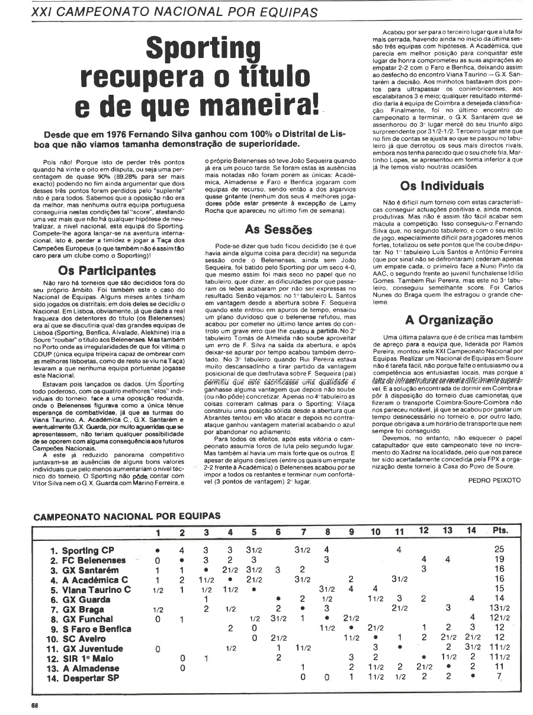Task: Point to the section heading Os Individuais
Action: click(x=442, y=185)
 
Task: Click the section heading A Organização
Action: click(x=448, y=320)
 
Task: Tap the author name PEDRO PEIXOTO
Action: click(x=493, y=479)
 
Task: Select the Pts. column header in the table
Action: click(x=502, y=531)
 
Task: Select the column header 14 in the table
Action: click(x=471, y=531)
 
